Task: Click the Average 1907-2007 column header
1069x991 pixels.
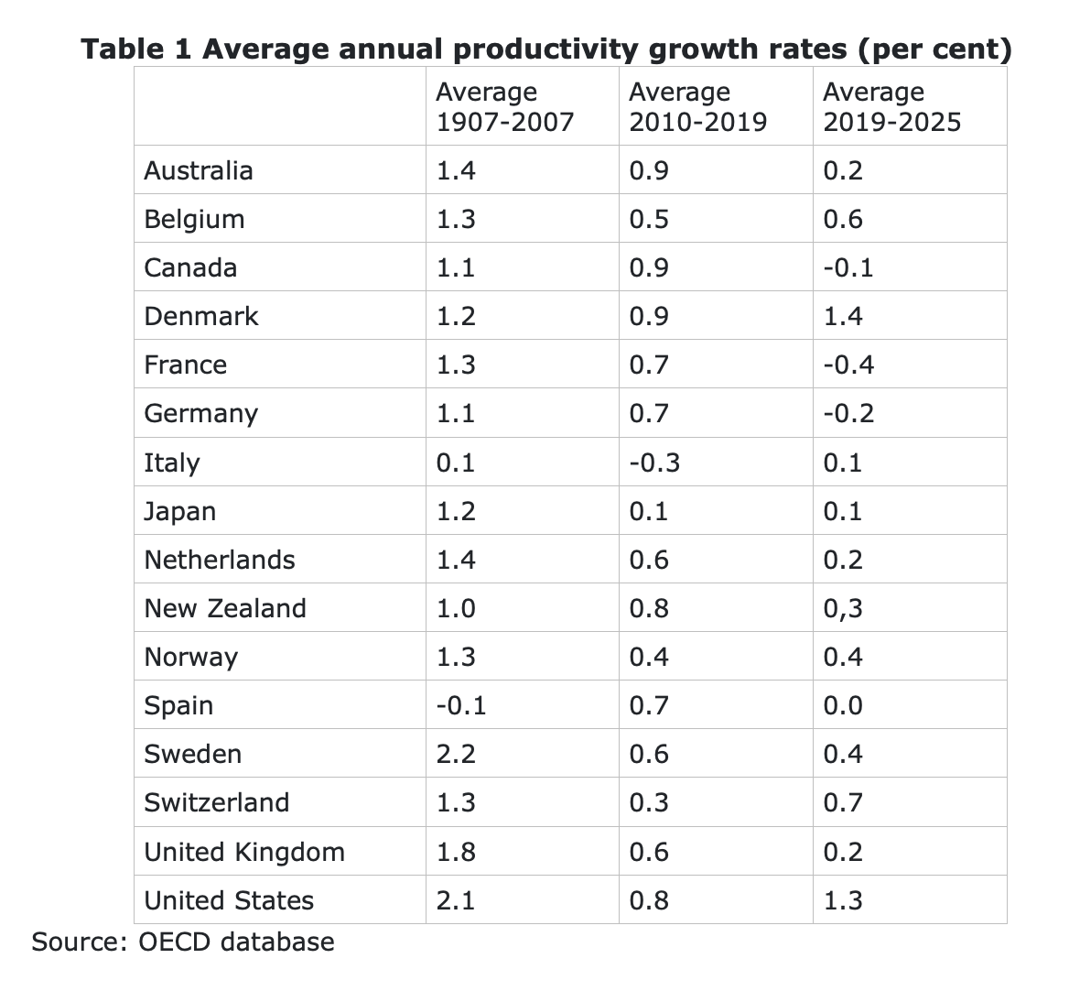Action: click(504, 106)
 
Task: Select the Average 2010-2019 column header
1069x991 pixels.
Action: click(697, 106)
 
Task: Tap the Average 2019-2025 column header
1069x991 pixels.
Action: click(891, 106)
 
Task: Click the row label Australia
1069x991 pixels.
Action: click(199, 170)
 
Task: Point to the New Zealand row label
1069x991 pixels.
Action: click(225, 608)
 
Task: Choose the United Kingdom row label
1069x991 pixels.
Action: click(244, 852)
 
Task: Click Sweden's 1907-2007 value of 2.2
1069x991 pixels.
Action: click(456, 754)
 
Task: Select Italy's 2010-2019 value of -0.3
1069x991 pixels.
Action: click(654, 463)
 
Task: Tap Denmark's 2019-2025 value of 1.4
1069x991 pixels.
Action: click(843, 316)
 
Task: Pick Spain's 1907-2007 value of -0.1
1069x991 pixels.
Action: click(461, 705)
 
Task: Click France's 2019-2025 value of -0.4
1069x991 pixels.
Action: click(848, 365)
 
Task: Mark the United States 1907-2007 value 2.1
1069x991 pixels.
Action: click(456, 900)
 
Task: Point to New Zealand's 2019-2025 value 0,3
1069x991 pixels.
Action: click(843, 608)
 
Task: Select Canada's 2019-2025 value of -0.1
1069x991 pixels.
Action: click(848, 267)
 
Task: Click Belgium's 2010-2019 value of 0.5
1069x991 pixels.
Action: click(649, 219)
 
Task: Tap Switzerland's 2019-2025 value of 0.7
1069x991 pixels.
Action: click(843, 802)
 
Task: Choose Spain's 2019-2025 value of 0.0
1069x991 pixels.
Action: click(843, 705)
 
